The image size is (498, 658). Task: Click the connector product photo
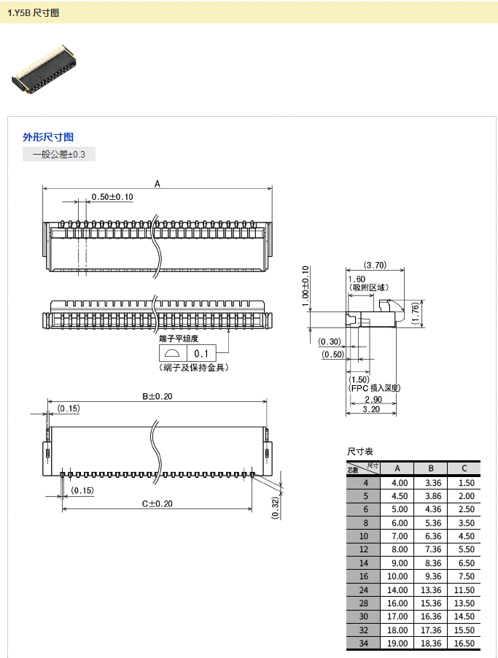[44, 71]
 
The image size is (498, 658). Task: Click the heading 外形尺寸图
[48, 137]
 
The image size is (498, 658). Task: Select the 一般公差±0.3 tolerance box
[59, 155]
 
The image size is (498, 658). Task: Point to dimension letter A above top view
[157, 185]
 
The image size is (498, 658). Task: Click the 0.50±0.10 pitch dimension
[112, 197]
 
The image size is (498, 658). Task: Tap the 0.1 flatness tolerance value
[201, 354]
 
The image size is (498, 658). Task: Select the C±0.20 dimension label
[157, 503]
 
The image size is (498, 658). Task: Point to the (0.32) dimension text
[275, 507]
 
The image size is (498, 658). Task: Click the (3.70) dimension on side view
[375, 265]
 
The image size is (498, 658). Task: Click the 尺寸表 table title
[360, 452]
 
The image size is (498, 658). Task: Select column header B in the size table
[432, 468]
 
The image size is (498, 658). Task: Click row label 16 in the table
[366, 576]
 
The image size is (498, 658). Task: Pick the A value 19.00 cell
[400, 643]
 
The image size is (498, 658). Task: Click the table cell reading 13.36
[432, 589]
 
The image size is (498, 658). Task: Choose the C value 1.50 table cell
[464, 483]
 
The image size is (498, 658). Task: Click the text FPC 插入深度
[376, 388]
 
